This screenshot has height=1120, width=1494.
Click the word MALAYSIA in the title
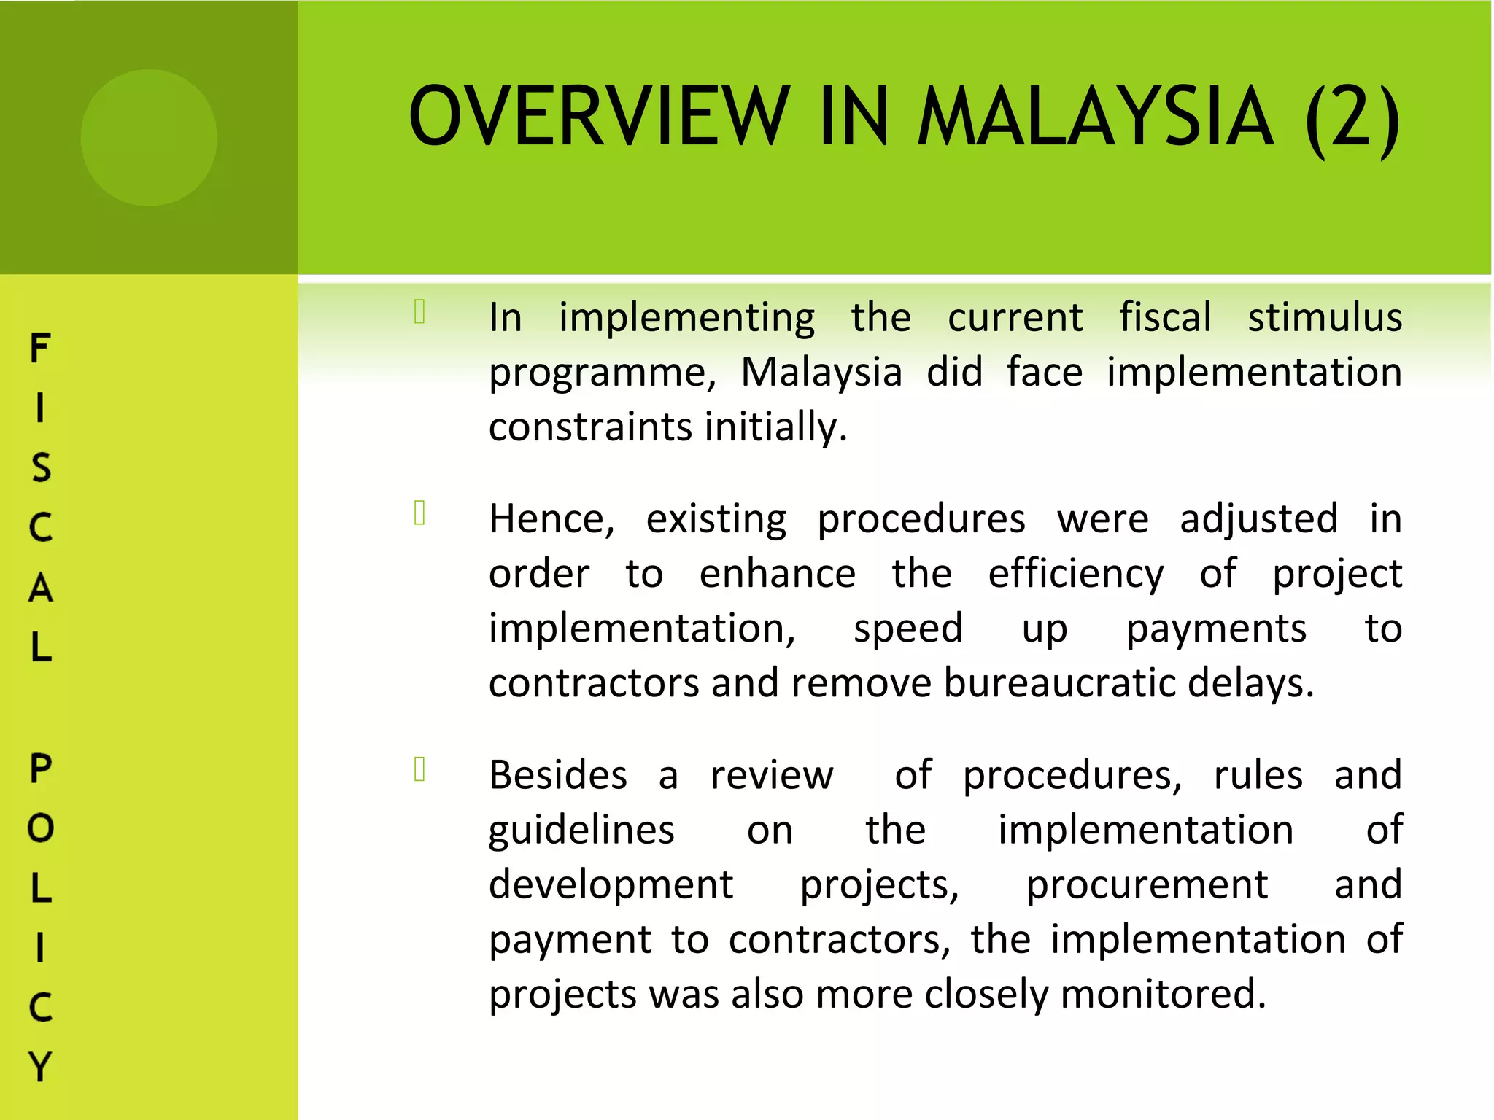click(1094, 117)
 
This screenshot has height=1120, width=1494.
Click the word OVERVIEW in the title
click(598, 117)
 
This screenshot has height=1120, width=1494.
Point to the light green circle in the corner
click(149, 137)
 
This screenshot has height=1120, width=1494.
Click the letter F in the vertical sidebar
click(40, 348)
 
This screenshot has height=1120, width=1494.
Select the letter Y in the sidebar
click(40, 1067)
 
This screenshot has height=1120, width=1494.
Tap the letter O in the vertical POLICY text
click(40, 828)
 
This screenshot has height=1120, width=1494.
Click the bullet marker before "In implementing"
click(419, 311)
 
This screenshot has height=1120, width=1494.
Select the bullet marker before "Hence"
click(419, 513)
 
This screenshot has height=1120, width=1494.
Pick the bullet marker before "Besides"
click(419, 769)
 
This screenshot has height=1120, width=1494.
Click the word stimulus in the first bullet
click(1324, 317)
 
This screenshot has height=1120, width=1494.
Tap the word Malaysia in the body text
click(821, 373)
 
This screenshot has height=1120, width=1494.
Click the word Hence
click(551, 519)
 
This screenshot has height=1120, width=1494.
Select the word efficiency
click(1075, 575)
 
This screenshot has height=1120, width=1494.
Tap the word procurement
click(1147, 885)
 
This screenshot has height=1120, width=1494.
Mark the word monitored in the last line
click(1163, 995)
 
